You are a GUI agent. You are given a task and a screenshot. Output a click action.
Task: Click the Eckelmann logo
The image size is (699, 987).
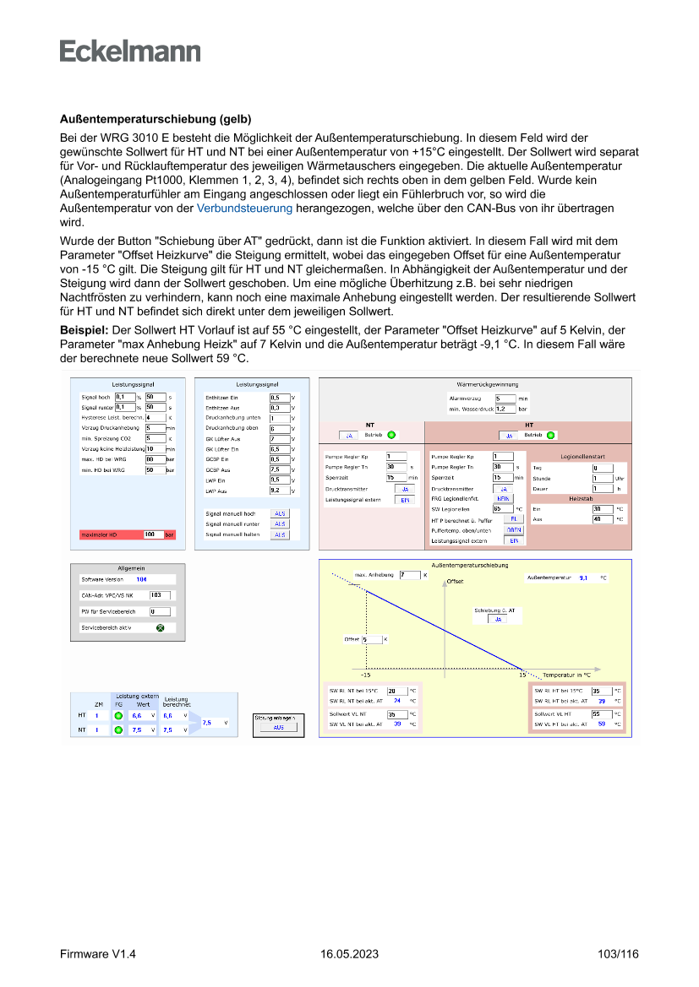click(130, 51)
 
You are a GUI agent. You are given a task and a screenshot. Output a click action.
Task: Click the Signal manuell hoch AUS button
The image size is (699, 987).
click(279, 513)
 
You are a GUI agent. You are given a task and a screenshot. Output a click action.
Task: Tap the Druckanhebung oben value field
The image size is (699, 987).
click(279, 429)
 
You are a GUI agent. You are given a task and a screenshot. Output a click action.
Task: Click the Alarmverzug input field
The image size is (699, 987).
click(505, 398)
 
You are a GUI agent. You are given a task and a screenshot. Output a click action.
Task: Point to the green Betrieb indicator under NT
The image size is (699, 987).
click(391, 436)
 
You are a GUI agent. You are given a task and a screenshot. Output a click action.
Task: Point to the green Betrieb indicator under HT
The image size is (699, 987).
click(551, 436)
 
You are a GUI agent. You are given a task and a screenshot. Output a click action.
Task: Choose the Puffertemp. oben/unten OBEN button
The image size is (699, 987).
click(514, 529)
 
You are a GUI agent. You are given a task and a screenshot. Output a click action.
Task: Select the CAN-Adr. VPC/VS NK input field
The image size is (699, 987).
click(159, 595)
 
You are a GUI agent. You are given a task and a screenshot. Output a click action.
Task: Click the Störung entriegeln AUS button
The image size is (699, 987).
click(279, 726)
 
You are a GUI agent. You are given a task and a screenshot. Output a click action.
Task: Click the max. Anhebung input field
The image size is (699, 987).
click(409, 575)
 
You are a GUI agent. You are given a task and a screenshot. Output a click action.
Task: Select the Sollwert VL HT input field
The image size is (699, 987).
click(601, 713)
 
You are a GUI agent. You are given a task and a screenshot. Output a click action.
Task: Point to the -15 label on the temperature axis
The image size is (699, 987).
click(365, 675)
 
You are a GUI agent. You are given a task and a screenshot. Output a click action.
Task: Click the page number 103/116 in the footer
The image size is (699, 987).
click(617, 954)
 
